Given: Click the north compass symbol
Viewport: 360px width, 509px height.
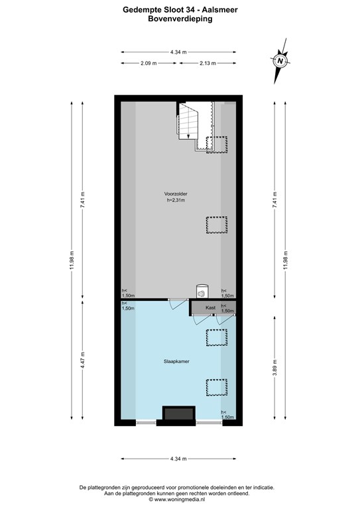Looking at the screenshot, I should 280,61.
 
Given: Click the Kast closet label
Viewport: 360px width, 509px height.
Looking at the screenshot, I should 210,308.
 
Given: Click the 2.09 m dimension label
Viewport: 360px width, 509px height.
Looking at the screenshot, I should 149,64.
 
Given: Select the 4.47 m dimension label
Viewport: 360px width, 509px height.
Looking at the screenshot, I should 82,363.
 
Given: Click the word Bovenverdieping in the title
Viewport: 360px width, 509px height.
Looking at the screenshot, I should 180,19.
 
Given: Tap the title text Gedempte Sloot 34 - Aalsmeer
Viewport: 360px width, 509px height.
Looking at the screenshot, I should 180,9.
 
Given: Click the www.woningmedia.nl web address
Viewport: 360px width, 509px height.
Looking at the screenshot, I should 180,502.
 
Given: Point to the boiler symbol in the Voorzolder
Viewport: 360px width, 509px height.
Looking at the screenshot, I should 201,290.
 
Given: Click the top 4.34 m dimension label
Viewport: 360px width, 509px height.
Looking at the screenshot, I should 178,52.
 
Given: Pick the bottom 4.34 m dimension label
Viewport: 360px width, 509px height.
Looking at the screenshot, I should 178,459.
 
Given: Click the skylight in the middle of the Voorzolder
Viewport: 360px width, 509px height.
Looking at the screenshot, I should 216,225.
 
